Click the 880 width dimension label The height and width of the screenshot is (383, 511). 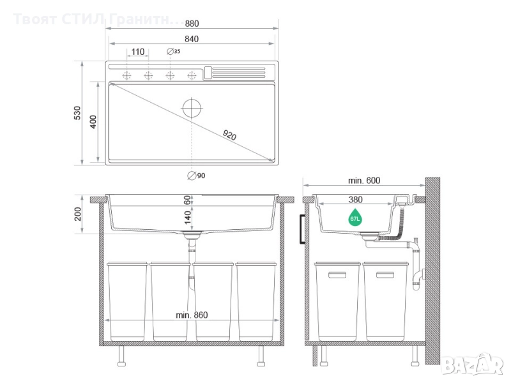tap(192, 24)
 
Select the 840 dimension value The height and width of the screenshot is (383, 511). tap(192, 39)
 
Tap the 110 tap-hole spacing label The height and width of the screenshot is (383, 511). tap(138, 52)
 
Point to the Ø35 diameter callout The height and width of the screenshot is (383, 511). tap(174, 51)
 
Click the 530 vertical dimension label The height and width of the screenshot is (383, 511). tap(77, 113)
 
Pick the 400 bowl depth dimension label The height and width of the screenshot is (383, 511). tap(93, 122)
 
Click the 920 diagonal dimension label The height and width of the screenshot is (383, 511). tap(229, 135)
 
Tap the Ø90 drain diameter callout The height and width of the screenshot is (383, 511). tap(196, 176)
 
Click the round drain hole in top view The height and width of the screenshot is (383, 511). tap(192, 108)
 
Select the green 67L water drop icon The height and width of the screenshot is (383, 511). tap(355, 218)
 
